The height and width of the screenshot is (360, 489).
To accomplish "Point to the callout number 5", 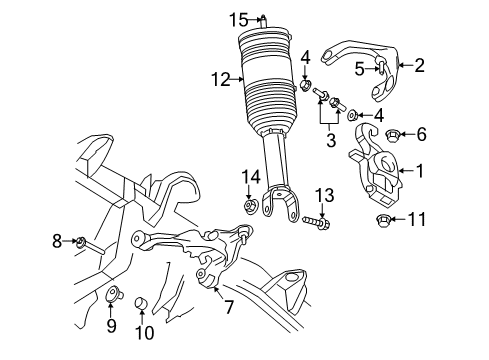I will pos(358,67).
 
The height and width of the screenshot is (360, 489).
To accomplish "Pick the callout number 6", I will pos(421,133).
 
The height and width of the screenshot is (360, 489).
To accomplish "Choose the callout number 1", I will pos(421,171).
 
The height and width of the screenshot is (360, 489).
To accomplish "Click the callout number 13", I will pos(323,194).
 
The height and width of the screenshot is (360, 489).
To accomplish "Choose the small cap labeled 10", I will pos(142,301).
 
